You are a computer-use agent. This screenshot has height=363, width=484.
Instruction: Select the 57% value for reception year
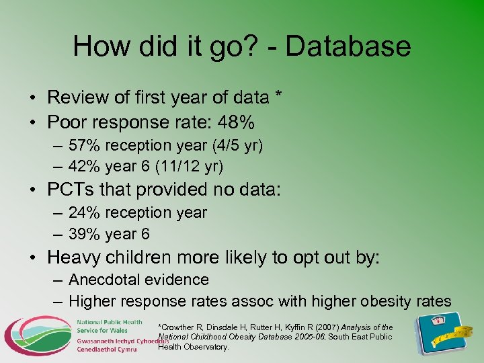(x=83, y=145)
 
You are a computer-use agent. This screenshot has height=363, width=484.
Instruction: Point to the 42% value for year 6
(x=83, y=166)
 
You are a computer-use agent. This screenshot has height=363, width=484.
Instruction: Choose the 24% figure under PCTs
(x=83, y=212)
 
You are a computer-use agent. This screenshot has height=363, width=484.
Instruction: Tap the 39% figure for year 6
(x=83, y=234)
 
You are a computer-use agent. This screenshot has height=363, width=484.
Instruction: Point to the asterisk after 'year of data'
(x=278, y=96)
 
